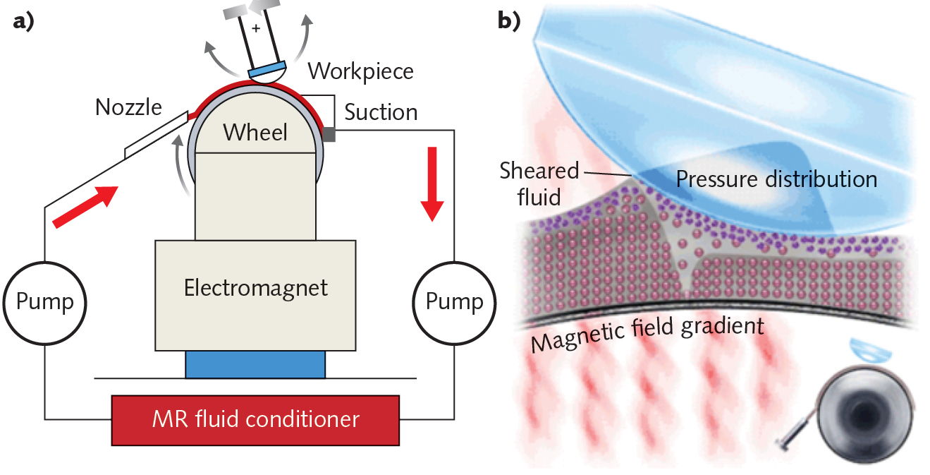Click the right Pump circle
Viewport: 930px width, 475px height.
(x=454, y=302)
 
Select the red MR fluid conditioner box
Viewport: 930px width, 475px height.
(x=256, y=419)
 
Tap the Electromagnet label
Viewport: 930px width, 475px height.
(x=255, y=288)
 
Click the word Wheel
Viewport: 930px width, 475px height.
(x=256, y=131)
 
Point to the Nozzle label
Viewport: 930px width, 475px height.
(x=128, y=107)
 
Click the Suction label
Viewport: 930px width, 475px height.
(x=381, y=112)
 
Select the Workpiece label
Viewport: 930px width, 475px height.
(x=361, y=71)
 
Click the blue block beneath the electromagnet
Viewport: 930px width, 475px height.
(x=255, y=364)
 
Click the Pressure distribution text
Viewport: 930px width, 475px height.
(x=776, y=179)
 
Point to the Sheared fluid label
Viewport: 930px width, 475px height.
(x=538, y=182)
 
